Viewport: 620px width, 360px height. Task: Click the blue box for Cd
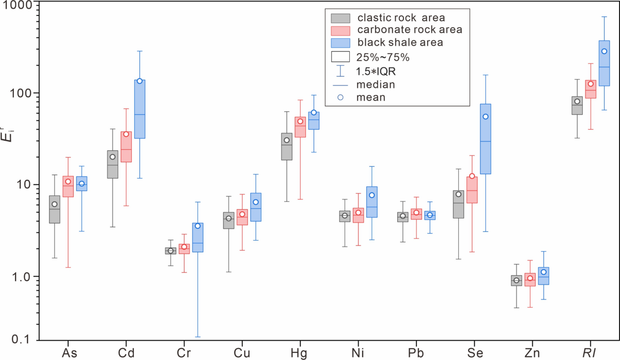pyautogui.click(x=139, y=109)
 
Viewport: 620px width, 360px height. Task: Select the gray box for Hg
pyautogui.click(x=287, y=147)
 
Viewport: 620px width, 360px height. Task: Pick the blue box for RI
pyautogui.click(x=604, y=63)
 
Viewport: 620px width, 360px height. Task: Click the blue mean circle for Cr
pyautogui.click(x=197, y=226)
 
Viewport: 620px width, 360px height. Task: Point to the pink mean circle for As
pyautogui.click(x=68, y=181)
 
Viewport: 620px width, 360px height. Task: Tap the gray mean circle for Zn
pyautogui.click(x=516, y=280)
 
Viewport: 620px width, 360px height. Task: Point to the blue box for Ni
pyautogui.click(x=372, y=202)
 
